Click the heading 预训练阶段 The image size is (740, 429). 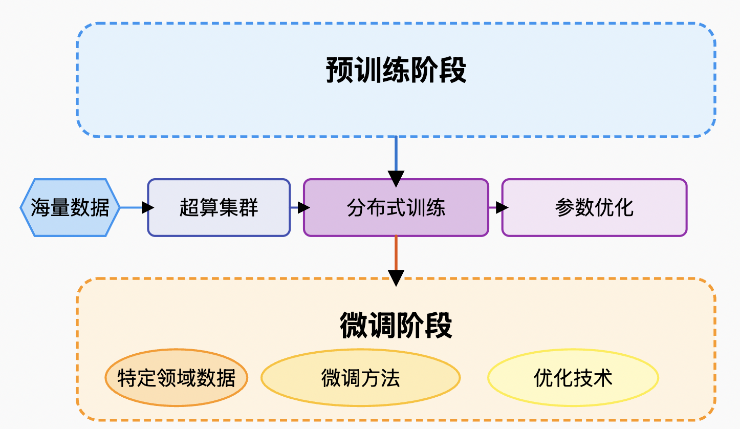(x=396, y=71)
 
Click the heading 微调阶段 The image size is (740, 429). (x=396, y=325)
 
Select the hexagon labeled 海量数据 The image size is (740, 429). (x=70, y=207)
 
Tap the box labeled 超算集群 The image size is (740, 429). (x=219, y=207)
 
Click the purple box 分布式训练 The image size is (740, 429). (x=396, y=207)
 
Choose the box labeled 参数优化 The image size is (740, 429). (x=594, y=207)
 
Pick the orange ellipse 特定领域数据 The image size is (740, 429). (x=176, y=378)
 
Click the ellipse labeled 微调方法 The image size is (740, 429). (x=360, y=378)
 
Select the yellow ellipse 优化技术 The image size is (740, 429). (x=573, y=378)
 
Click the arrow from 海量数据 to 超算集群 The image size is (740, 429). (x=134, y=207)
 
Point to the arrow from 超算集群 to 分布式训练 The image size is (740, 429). (x=299, y=207)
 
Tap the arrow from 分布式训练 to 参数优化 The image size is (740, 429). (x=496, y=207)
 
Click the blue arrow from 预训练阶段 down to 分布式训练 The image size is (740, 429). (x=396, y=159)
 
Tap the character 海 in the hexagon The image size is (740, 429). (x=40, y=208)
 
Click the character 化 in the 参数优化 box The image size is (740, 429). (x=624, y=208)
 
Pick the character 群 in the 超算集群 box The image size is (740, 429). (x=249, y=208)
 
